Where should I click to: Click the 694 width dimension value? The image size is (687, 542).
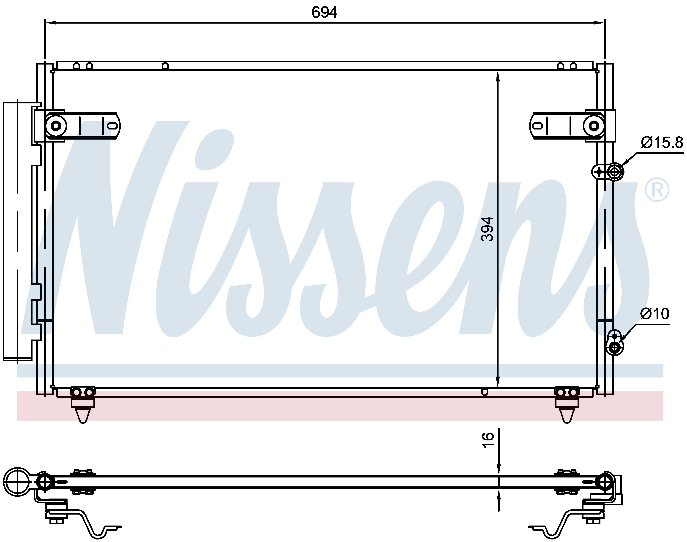pyautogui.click(x=324, y=12)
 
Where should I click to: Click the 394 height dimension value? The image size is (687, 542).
pyautogui.click(x=487, y=229)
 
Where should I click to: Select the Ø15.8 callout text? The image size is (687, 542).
pyautogui.click(x=662, y=143)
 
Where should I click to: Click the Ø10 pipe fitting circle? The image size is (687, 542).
pyautogui.click(x=615, y=348)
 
